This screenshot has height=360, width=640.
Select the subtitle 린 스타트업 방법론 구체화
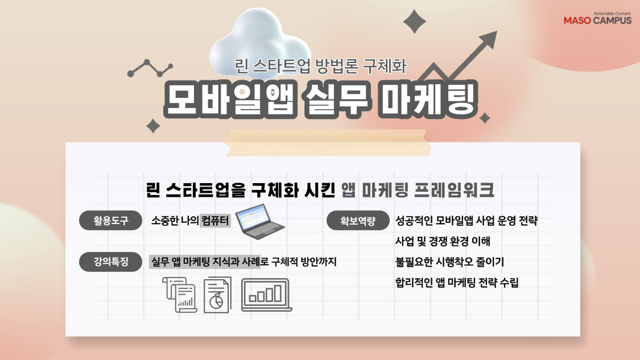click(321, 67)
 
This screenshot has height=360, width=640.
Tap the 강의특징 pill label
click(111, 262)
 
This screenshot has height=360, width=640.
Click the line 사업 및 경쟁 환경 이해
click(443, 242)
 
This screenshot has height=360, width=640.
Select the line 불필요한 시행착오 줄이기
click(449, 262)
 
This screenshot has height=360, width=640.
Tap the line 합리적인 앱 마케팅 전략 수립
click(457, 283)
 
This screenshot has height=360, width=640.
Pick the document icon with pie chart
click(217, 295)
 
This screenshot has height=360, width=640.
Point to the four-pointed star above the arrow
click(414, 22)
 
